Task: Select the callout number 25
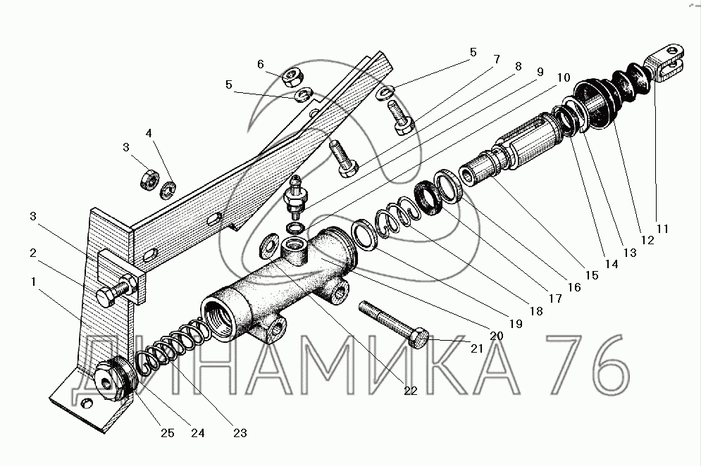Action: click(x=166, y=433)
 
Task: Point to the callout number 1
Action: click(x=33, y=281)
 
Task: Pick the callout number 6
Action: click(x=261, y=64)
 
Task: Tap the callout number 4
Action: click(x=149, y=132)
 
